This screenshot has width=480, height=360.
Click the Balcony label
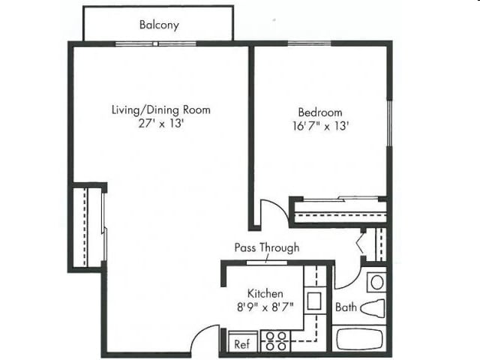pos(159,25)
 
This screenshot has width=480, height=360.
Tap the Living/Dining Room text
pos(160,110)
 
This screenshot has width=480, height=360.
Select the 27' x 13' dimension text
pos(160,124)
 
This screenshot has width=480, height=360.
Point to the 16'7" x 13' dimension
pos(320,126)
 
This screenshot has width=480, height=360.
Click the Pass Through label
pos(266,247)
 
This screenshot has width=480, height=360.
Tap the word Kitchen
pos(265,293)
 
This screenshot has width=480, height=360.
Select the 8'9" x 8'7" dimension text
pos(265,307)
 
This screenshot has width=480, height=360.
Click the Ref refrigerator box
pos(241,343)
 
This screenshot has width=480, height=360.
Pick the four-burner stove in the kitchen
pos(274,341)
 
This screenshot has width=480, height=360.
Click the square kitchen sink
pos(314,301)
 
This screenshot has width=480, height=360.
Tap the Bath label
pos(346,307)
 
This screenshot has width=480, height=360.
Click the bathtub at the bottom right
pos(359,339)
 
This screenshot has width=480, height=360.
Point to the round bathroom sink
pos(376,282)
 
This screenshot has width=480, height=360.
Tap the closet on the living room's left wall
pos(88,226)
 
